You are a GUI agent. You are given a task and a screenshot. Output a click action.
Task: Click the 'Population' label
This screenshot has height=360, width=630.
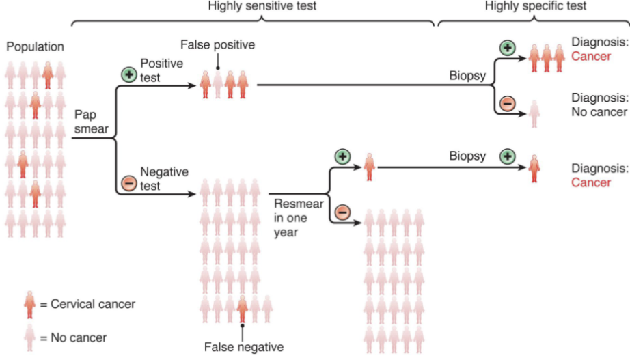(35, 47)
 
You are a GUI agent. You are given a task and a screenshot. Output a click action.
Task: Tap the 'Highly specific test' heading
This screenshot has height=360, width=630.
(536, 6)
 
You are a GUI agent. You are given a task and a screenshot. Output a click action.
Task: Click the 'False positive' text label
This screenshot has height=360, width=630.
(217, 45)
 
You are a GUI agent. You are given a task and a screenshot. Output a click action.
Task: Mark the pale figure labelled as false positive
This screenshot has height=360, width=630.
(218, 85)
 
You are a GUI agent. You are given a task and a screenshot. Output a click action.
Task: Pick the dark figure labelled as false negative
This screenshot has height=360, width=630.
(242, 309)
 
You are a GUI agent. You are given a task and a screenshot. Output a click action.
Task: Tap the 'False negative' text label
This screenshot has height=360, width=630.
(243, 347)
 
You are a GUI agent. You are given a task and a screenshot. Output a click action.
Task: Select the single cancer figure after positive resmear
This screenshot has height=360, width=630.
(369, 166)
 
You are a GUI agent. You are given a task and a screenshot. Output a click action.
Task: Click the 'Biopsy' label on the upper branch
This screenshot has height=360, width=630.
(467, 76)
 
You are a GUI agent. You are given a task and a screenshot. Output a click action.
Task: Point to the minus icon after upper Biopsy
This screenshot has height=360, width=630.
(507, 103)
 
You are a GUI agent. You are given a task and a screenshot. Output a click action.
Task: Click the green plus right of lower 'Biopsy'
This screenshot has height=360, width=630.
(507, 156)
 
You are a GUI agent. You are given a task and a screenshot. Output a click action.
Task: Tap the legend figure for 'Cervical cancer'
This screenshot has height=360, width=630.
(29, 304)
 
